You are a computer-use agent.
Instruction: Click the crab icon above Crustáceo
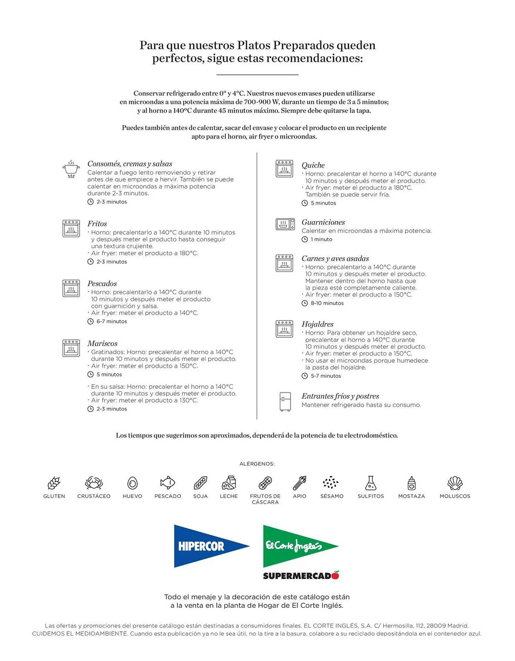[94, 483]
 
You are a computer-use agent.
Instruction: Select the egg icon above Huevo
[132, 483]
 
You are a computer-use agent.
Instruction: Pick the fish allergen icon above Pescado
[167, 483]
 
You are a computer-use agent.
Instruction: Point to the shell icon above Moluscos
[455, 483]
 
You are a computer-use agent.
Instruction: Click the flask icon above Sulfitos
[371, 483]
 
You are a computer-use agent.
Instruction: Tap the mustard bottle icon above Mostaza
[411, 483]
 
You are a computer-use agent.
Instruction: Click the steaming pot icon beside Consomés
[71, 169]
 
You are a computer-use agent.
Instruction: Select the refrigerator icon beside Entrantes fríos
[285, 402]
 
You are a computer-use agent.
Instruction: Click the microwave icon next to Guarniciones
[285, 224]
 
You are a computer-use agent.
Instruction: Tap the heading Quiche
[313, 165]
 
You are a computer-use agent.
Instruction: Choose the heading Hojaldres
[317, 324]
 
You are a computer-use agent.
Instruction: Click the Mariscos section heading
[102, 343]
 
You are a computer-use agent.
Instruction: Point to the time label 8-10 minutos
[327, 303]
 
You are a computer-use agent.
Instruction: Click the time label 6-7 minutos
[112, 321]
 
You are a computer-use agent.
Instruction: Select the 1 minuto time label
[321, 239]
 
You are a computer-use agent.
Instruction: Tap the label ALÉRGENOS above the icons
[257, 464]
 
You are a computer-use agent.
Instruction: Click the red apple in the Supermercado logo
[336, 575]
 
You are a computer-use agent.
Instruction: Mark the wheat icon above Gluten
[54, 483]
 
